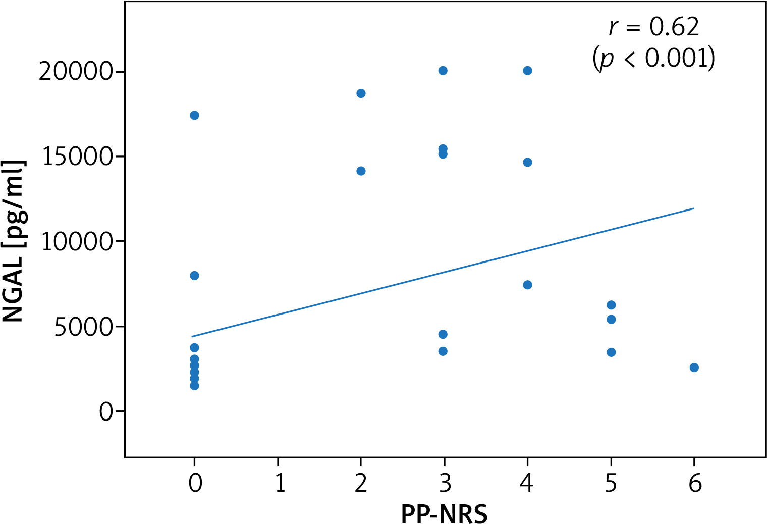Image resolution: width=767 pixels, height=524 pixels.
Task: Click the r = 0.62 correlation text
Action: pos(654,26)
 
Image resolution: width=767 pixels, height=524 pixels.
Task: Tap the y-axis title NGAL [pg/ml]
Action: pos(14,242)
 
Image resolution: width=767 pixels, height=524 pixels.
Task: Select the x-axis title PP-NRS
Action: pos(444,514)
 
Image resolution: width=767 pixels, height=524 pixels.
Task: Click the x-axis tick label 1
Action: pos(279,483)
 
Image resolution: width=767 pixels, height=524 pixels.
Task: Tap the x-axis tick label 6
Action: pos(695,483)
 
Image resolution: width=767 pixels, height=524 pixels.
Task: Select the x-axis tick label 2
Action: pos(361,483)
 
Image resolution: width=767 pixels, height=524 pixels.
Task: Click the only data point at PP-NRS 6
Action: pos(694,368)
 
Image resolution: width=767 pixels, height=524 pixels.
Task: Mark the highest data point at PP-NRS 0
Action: pos(194,115)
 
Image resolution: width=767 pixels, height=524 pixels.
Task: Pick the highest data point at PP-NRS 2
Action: pos(361,93)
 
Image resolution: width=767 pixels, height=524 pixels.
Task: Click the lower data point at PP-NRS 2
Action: pos(361,171)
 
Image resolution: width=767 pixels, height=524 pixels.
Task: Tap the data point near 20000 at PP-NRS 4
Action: pos(527,71)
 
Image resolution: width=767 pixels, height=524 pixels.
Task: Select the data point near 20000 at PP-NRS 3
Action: pos(443,71)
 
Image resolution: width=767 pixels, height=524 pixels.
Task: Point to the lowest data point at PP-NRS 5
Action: pos(611,352)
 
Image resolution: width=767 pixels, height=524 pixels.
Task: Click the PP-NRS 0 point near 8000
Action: pos(194,276)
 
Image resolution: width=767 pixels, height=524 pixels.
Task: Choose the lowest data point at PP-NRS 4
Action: pos(527,285)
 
